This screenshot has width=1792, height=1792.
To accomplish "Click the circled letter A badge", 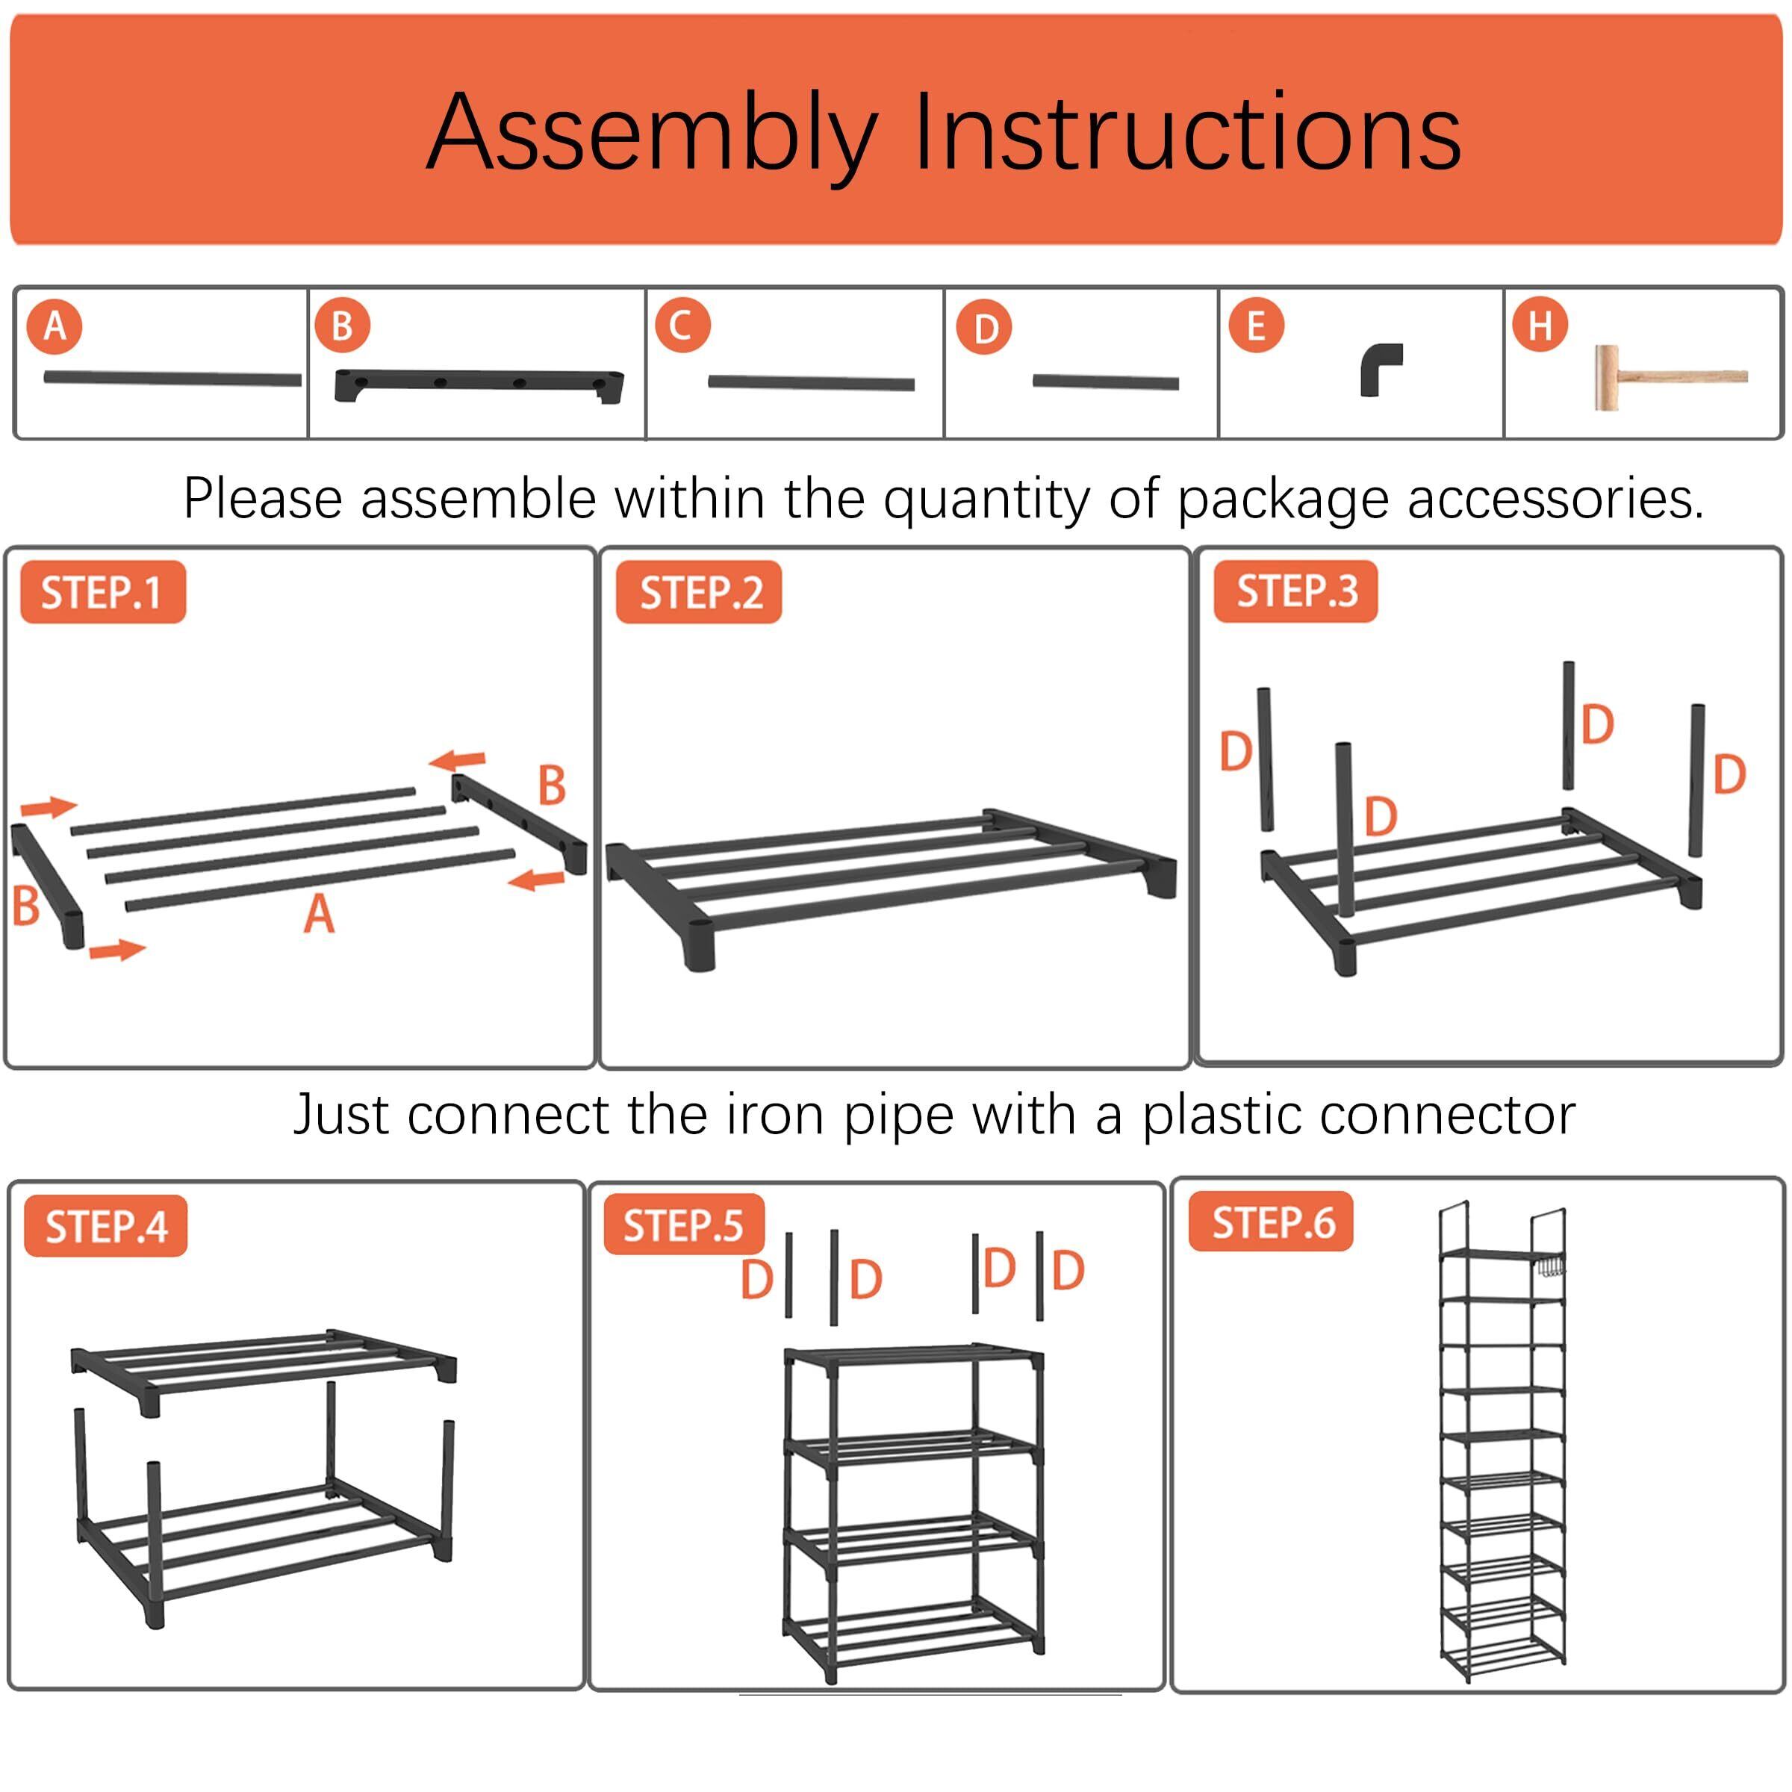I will pyautogui.click(x=55, y=326).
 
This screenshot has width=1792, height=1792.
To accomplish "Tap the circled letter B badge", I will pyautogui.click(x=342, y=326).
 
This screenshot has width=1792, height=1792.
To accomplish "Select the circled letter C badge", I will pyautogui.click(x=682, y=326).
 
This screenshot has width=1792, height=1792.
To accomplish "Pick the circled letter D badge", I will pyautogui.click(x=985, y=329).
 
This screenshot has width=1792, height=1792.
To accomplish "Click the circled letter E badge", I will pyautogui.click(x=1256, y=326).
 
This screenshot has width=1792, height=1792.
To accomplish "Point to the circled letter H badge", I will pyautogui.click(x=1540, y=326).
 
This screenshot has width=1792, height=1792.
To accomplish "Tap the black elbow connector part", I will pyautogui.click(x=1379, y=369).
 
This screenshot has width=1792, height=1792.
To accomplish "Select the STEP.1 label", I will pyautogui.click(x=102, y=593).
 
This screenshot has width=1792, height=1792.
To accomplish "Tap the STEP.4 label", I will pyautogui.click(x=106, y=1227).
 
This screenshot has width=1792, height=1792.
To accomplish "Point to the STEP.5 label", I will pyautogui.click(x=684, y=1226).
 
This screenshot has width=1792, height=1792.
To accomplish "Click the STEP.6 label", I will pyautogui.click(x=1272, y=1224).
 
